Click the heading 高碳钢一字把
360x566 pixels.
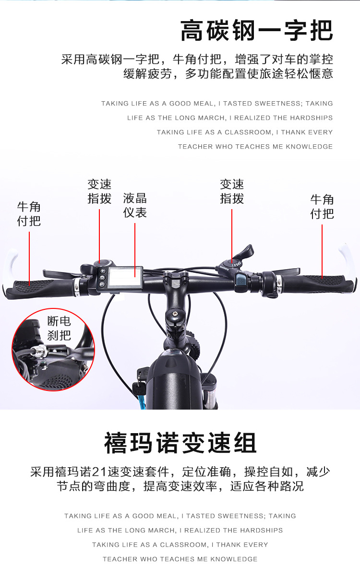point(257,31)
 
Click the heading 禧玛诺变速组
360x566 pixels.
point(180,444)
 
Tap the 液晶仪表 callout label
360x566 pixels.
point(135,205)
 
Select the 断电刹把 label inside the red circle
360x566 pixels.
point(59,328)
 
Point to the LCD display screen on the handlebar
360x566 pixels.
point(125,277)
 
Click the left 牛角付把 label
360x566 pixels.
point(29,214)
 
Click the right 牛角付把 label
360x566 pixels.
point(322,207)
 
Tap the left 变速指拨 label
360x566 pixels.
point(99,191)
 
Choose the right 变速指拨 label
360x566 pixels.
point(232,191)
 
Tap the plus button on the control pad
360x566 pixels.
point(102,271)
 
